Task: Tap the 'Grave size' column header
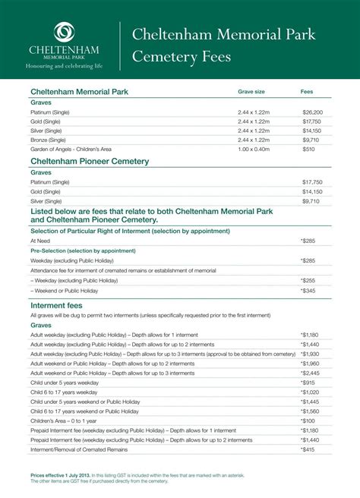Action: (x=251, y=91)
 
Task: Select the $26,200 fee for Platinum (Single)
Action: (x=311, y=112)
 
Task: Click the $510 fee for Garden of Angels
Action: (x=308, y=150)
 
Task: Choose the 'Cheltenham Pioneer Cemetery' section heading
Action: (x=89, y=162)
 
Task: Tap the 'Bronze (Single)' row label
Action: (x=48, y=140)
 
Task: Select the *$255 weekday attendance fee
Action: (x=308, y=280)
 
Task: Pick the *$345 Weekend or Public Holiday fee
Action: (x=308, y=290)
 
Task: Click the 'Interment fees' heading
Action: (x=56, y=305)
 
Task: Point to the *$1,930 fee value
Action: (x=310, y=354)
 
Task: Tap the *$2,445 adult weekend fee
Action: (x=310, y=373)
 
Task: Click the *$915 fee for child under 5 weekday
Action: (x=308, y=383)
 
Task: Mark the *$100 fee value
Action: (x=308, y=420)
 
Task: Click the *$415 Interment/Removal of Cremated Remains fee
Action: (x=308, y=449)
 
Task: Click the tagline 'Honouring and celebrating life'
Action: (x=64, y=66)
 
